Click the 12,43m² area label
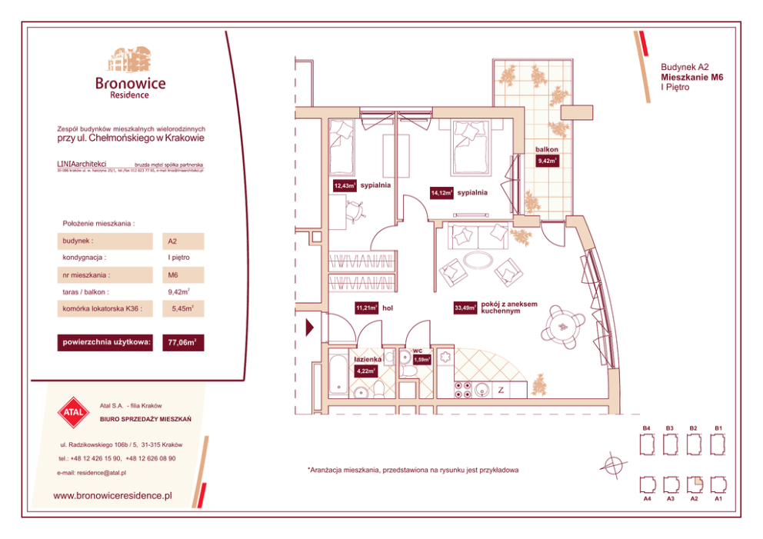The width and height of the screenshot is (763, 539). [x=344, y=185]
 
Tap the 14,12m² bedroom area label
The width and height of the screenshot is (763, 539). [x=441, y=193]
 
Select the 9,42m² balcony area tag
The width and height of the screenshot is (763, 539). [x=547, y=161]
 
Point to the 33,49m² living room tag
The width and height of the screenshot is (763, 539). [x=465, y=308]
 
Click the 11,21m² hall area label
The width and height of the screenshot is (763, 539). [x=366, y=308]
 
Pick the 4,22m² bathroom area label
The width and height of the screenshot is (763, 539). [x=365, y=371]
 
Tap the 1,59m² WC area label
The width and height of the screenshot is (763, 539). [x=421, y=359]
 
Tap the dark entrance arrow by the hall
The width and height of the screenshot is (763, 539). [x=310, y=328]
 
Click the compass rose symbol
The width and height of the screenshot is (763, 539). [x=613, y=464]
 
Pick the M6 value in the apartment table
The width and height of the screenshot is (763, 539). [x=173, y=274]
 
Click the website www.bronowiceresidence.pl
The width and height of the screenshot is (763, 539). [x=112, y=496]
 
